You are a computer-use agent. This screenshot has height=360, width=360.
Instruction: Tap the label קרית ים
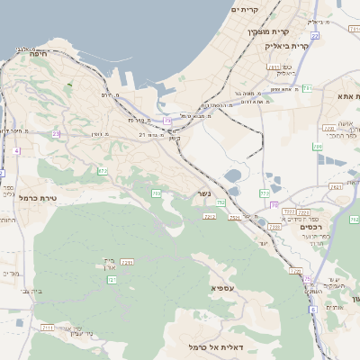coord(245,9)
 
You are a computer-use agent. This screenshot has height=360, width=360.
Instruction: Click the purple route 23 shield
coord(56,134)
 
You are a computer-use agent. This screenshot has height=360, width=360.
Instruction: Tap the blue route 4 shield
coord(16,151)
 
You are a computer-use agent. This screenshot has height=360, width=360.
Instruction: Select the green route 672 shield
coord(103,171)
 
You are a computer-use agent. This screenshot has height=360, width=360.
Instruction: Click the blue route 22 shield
coord(167,120)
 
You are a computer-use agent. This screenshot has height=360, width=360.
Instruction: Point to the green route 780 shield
coord(317,146)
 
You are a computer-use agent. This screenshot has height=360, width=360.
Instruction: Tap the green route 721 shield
coord(112,281)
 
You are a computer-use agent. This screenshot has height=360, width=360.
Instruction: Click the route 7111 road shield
coord(48,328)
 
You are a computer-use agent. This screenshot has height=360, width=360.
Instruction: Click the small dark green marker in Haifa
coord(68,85)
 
